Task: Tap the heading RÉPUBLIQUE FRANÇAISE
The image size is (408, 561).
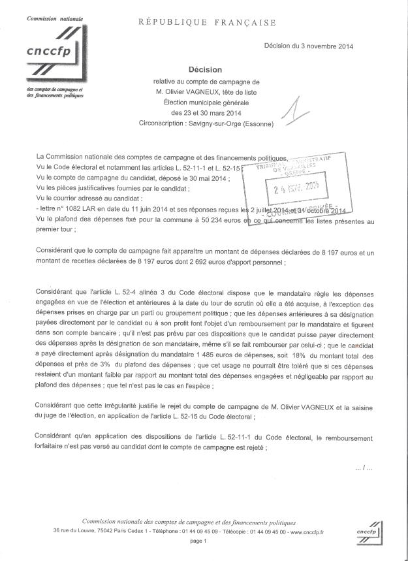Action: coord(206,23)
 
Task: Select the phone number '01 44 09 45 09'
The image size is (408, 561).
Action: coord(193,532)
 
